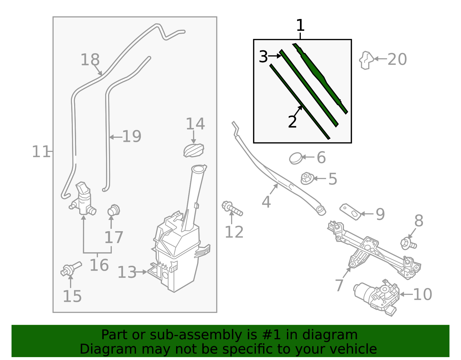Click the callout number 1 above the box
(x=300, y=26)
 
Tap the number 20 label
(x=397, y=59)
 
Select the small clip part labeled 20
(x=366, y=60)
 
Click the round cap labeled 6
(x=296, y=158)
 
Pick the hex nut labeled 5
(x=307, y=178)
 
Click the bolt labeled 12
(x=232, y=208)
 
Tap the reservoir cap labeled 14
(x=194, y=150)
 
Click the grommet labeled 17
(x=114, y=210)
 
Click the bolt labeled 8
(x=408, y=244)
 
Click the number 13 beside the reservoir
(x=127, y=272)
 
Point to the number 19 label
(x=132, y=136)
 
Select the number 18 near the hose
(x=90, y=60)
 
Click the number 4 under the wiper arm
(x=266, y=202)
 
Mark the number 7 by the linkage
(x=339, y=285)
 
